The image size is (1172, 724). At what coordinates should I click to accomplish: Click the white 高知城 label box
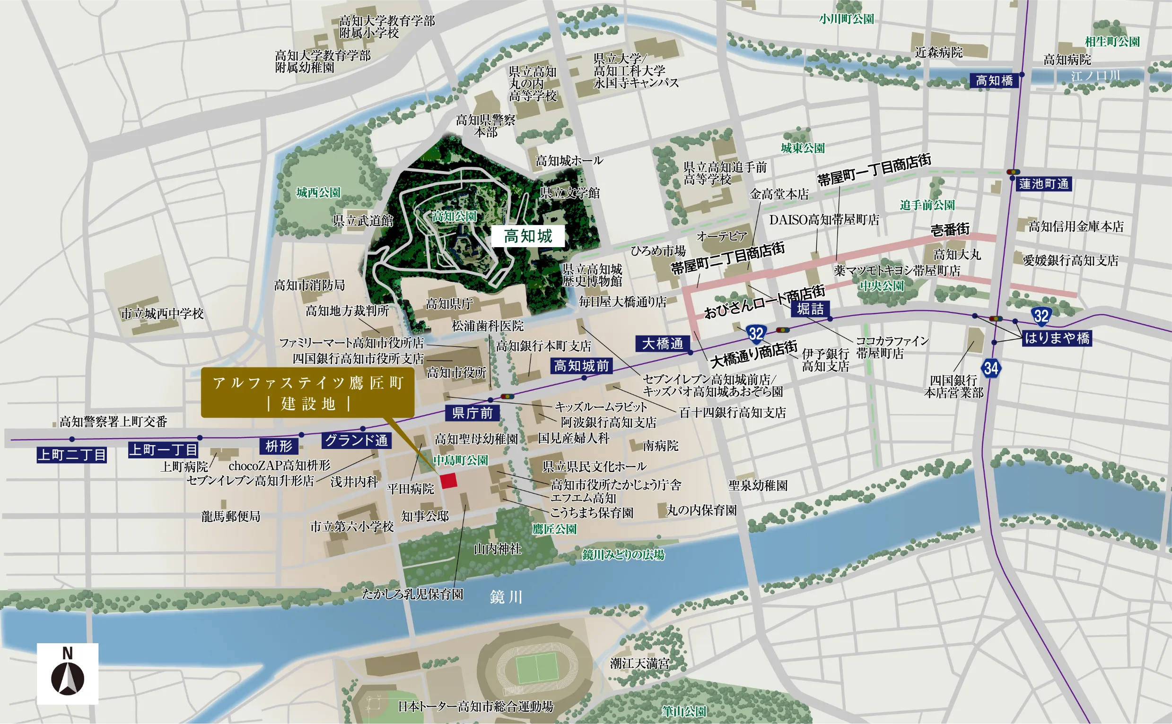527,236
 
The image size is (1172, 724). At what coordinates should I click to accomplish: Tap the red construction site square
448,481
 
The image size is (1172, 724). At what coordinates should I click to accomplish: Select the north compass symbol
68,674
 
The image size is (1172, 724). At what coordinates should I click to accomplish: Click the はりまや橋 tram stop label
1057,338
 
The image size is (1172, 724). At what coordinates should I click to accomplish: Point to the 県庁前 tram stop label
472,413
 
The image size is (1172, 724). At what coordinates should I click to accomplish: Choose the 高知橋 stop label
994,80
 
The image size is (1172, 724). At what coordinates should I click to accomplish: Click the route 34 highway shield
990,368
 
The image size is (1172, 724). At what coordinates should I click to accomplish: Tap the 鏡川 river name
506,597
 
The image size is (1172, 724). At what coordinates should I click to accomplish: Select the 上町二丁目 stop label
72,455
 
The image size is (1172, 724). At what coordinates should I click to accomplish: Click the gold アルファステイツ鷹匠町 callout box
307,393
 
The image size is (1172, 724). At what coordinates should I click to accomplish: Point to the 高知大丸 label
957,255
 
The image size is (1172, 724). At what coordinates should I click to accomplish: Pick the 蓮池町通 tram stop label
1043,184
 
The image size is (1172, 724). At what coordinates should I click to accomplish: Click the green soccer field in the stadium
536,668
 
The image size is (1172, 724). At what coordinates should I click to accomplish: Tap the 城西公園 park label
318,192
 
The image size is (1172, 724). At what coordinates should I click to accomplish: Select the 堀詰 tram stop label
810,309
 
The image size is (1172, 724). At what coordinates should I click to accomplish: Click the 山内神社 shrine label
497,549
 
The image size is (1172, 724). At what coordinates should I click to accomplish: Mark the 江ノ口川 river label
1095,76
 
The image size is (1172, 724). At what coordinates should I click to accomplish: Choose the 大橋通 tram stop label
662,343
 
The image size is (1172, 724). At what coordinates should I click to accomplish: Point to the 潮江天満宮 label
639,663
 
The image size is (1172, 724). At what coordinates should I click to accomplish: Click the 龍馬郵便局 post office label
230,516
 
